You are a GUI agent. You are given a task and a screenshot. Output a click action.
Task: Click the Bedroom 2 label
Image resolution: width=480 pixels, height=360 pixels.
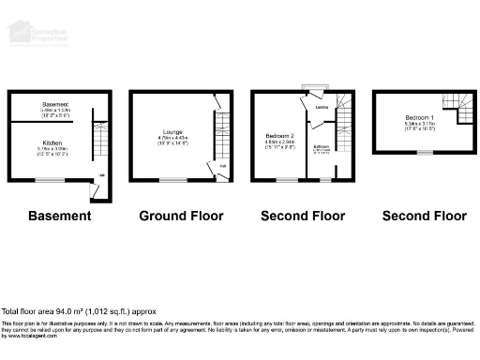point(281,136)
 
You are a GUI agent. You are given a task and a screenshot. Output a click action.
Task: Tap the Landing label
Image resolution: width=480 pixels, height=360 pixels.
point(322,107)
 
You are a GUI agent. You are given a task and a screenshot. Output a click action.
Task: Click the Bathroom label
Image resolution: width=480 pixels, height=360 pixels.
point(322,146)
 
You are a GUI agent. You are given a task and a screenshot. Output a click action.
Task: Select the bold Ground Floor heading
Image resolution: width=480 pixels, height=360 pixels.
point(181,216)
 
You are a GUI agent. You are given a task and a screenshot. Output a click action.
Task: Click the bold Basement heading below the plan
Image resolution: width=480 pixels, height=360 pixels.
point(60,216)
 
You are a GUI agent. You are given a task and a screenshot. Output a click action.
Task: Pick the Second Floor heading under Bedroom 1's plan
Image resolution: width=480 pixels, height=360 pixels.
point(424,216)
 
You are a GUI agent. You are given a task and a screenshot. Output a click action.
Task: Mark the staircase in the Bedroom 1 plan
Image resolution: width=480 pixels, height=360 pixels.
point(466,111)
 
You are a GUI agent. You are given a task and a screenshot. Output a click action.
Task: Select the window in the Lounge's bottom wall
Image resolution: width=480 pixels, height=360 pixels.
point(174,179)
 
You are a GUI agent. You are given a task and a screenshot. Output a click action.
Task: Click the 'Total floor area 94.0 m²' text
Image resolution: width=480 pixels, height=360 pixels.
point(79,310)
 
